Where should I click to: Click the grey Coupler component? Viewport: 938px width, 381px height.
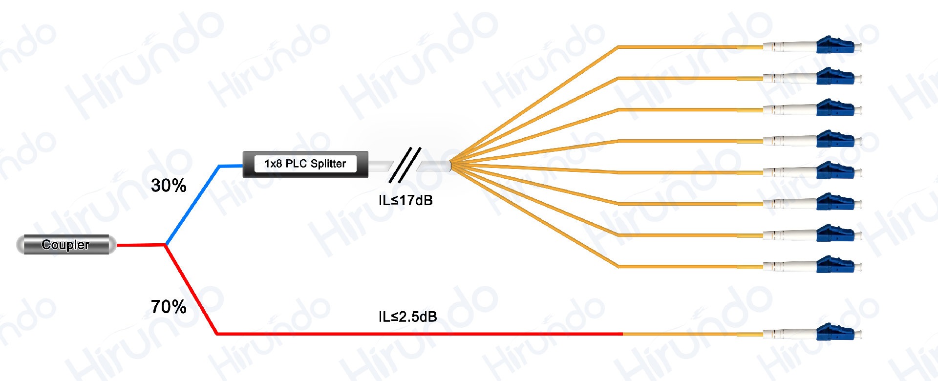[66, 245]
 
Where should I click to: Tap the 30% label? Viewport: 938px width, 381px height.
[169, 186]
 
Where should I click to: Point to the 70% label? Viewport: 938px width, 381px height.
[169, 307]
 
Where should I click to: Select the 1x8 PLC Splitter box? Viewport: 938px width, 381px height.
[305, 164]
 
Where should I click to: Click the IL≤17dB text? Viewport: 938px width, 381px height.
[405, 201]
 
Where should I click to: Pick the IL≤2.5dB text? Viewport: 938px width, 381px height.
[407, 317]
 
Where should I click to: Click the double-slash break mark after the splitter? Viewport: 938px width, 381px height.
[405, 165]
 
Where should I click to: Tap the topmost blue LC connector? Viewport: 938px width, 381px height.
[835, 46]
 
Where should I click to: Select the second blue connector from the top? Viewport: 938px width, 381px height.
[835, 77]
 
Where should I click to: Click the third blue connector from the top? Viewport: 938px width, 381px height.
[835, 108]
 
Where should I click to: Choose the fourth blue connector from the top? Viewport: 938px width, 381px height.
[835, 140]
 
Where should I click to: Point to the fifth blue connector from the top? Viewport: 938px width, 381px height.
[835, 171]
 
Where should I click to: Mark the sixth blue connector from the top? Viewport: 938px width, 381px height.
[835, 203]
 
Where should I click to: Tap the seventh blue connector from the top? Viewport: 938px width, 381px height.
[835, 234]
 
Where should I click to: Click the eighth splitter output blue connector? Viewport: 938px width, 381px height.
[835, 265]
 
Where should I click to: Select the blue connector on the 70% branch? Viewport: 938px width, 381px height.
[835, 333]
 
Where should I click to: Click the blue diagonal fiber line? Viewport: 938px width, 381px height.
[192, 205]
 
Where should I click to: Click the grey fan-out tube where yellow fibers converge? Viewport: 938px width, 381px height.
[434, 166]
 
